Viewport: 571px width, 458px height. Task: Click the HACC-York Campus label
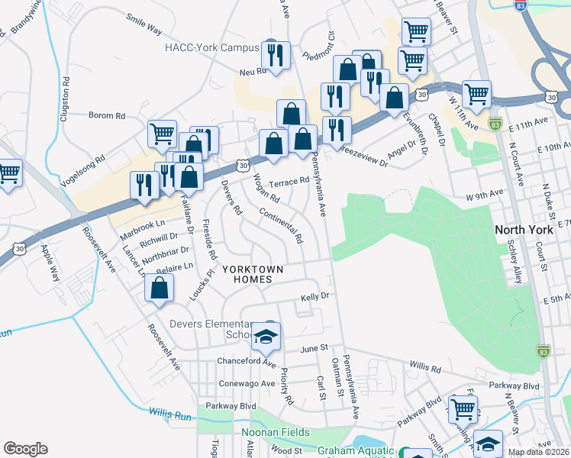coord(212,47)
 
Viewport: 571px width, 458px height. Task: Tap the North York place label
coord(522,230)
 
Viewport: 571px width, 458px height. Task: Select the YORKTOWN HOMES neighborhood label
coord(252,275)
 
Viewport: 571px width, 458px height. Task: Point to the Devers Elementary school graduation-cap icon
coord(266,335)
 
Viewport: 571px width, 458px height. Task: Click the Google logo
coord(25,449)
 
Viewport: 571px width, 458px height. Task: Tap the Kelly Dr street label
coord(315,295)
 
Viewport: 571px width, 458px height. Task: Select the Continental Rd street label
coord(280,226)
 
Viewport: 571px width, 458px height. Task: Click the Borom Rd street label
coord(107,116)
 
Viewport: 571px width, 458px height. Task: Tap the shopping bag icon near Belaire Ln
coord(159,289)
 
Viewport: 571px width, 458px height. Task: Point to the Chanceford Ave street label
coord(247,361)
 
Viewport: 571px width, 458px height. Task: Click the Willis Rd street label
coord(425,368)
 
